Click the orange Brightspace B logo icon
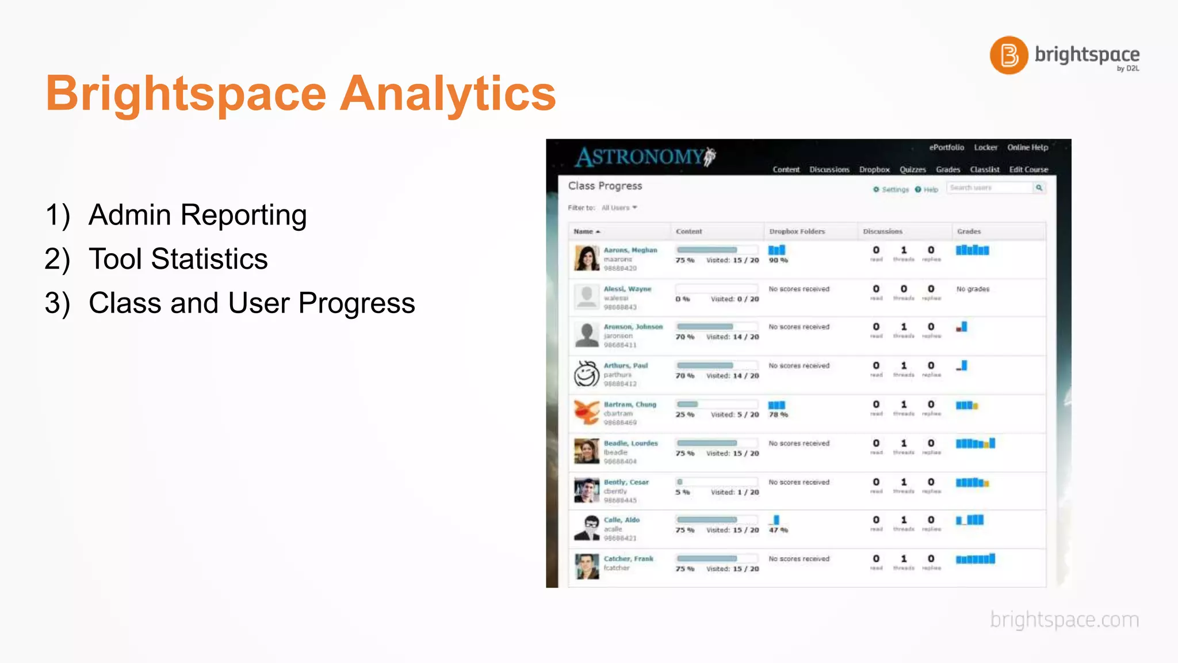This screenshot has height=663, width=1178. click(1008, 55)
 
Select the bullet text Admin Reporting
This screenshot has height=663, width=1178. click(197, 215)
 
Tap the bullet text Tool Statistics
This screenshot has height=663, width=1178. click(178, 259)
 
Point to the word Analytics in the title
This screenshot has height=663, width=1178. click(448, 93)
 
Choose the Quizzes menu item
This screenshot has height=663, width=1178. click(912, 170)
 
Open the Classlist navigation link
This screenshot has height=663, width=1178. click(984, 170)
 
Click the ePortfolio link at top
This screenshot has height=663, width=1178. click(946, 147)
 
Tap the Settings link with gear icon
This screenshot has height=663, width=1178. click(891, 189)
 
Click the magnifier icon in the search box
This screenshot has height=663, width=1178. click(1039, 188)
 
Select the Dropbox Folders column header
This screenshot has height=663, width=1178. click(797, 231)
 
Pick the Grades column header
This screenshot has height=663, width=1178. click(969, 231)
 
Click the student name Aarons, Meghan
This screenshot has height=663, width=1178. click(630, 250)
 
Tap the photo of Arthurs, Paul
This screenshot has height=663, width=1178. click(586, 374)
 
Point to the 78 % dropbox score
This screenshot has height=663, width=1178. click(778, 414)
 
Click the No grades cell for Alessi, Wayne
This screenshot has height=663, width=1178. click(973, 289)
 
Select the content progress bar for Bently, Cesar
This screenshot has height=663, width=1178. click(716, 482)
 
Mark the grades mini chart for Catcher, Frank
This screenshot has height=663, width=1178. click(975, 559)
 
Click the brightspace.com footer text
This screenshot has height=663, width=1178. click(1064, 620)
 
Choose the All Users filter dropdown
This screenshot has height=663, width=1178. click(619, 208)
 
